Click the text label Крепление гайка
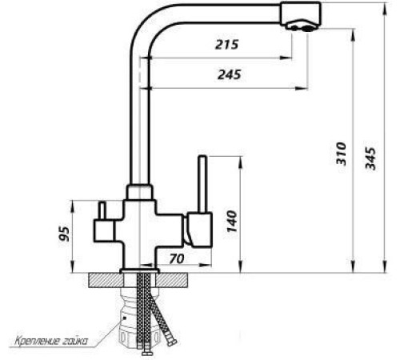pos(50,342)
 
